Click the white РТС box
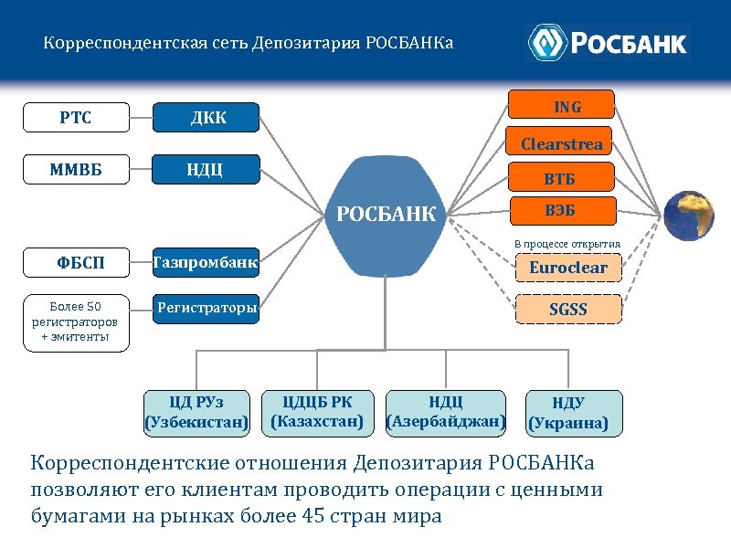tap(75, 117)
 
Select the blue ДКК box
tap(207, 117)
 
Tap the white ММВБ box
tap(75, 169)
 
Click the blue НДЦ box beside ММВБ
tap(207, 169)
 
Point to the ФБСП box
tap(75, 264)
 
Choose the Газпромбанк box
tap(207, 264)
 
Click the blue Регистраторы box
tap(207, 309)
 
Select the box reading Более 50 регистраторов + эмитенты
tap(75, 322)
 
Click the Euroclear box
tap(568, 269)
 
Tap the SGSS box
tap(568, 309)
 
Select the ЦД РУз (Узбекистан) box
tap(196, 412)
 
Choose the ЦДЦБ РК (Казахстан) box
tap(317, 412)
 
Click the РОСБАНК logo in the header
tap(607, 42)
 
